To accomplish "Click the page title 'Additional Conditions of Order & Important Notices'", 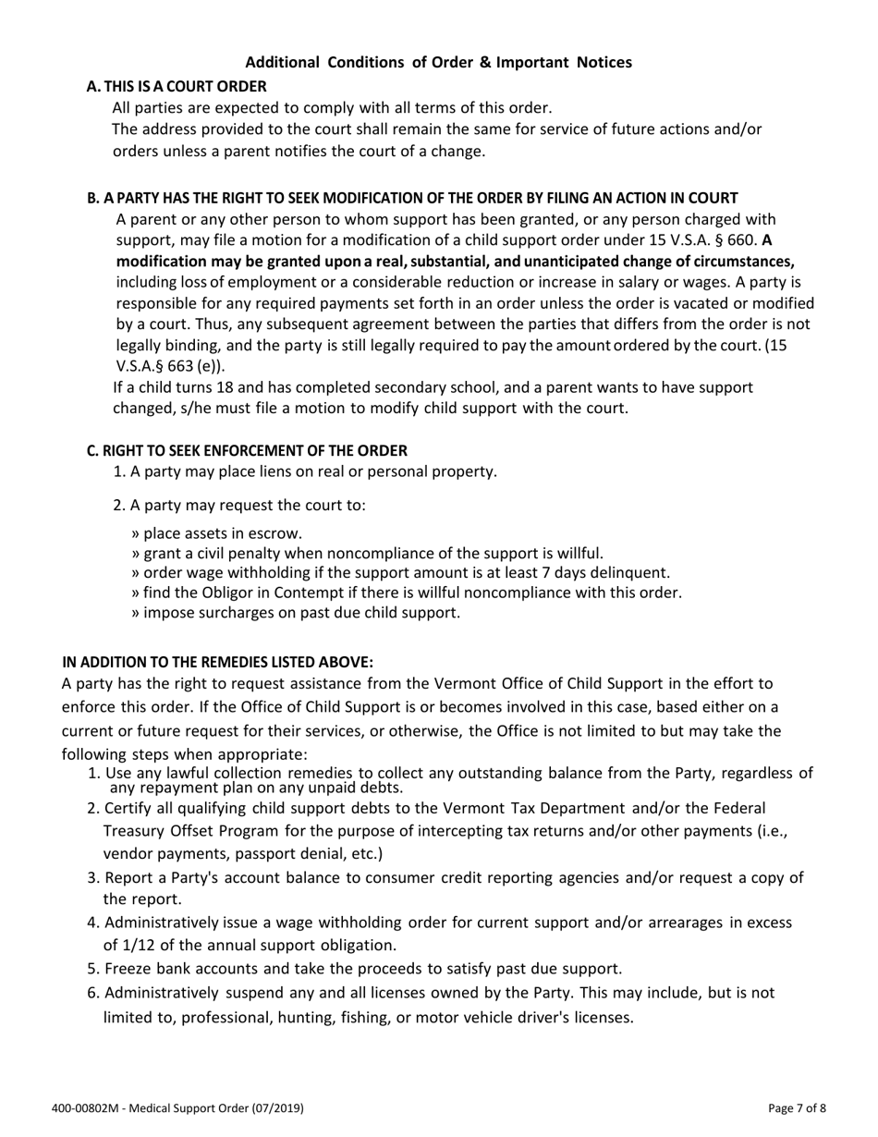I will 438,63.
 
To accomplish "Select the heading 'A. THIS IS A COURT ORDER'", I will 176,86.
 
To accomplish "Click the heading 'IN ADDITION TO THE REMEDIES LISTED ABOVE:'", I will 217,662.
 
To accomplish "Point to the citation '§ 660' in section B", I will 735,240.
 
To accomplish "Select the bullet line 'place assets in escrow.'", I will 217,532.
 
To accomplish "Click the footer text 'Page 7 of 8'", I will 797,1107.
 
